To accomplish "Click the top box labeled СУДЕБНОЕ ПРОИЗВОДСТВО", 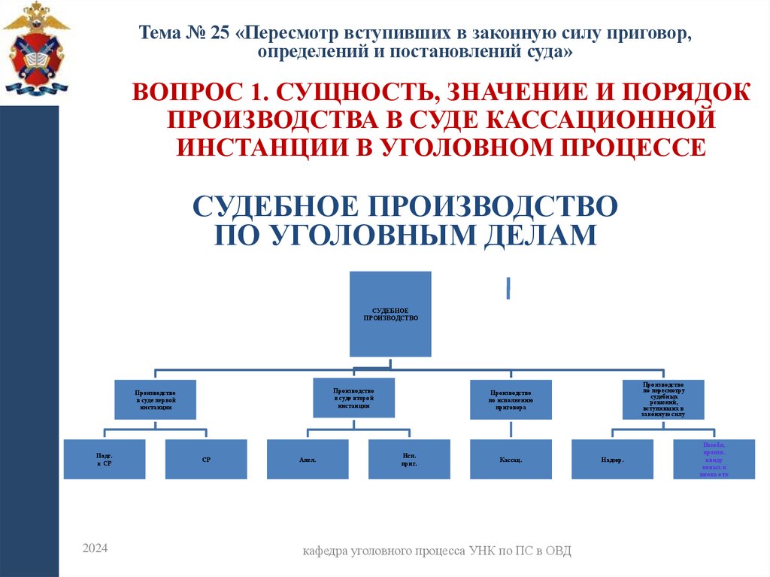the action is coord(390,314).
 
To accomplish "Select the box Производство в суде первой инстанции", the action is coord(155,399).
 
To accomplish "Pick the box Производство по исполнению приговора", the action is coord(511,399).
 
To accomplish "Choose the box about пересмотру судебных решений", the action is coord(664,399).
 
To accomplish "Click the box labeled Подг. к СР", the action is coord(105,459).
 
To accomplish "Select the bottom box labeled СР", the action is coord(206,459).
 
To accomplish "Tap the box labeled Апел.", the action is coord(308,459).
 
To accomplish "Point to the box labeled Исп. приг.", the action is coord(409,459).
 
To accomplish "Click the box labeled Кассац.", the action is coord(511,459).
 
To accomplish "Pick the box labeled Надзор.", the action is coord(612,459).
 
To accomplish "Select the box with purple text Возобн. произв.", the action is coord(714,459).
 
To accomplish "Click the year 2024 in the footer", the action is coord(95,549).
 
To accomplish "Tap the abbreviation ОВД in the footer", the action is coord(559,551).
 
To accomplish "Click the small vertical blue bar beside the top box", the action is coord(508,288).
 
